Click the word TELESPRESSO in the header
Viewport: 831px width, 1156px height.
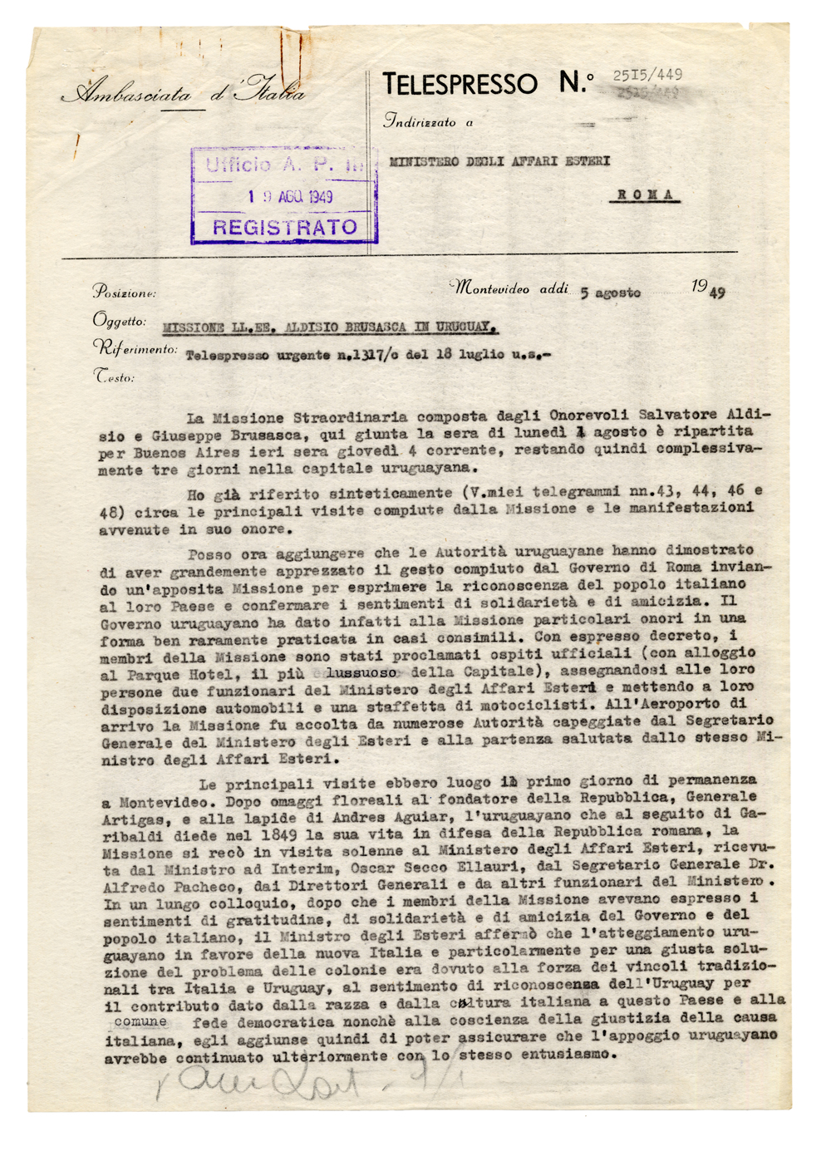click(460, 84)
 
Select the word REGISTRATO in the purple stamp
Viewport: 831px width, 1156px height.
click(284, 227)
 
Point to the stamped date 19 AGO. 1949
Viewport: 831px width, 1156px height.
click(291, 196)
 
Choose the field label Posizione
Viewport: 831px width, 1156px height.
click(124, 292)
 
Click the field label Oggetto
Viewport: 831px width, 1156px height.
click(120, 321)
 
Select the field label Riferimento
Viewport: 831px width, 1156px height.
click(135, 349)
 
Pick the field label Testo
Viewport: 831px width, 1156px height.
click(114, 376)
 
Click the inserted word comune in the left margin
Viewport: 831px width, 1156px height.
click(140, 1021)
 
